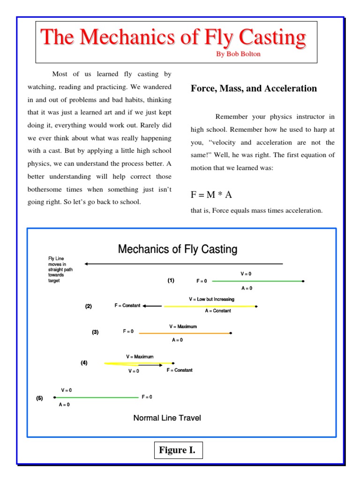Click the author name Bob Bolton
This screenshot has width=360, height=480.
pyautogui.click(x=238, y=54)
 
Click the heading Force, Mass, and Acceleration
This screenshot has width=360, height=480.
pyautogui.click(x=254, y=89)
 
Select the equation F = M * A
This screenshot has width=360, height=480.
pyautogui.click(x=211, y=195)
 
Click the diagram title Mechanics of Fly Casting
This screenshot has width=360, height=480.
pyautogui.click(x=178, y=249)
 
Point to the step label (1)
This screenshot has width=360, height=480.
pyautogui.click(x=171, y=280)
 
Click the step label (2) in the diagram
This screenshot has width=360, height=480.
pyautogui.click(x=89, y=306)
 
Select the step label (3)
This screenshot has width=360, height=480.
pyautogui.click(x=95, y=332)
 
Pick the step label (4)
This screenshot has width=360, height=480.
pyautogui.click(x=84, y=362)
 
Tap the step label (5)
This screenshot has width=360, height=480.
pyautogui.click(x=39, y=398)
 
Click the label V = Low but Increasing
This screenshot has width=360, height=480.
pyautogui.click(x=211, y=299)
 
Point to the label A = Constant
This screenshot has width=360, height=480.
pyautogui.click(x=218, y=311)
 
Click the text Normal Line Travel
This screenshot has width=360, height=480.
pyautogui.click(x=167, y=418)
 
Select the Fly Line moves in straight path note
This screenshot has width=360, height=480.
pyautogui.click(x=60, y=270)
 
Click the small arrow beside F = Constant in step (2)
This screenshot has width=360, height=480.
pyautogui.click(x=152, y=306)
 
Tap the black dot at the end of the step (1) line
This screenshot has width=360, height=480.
pyautogui.click(x=303, y=281)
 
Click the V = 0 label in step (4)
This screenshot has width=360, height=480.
pyautogui.click(x=134, y=371)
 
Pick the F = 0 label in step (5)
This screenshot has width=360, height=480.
pyautogui.click(x=147, y=397)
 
